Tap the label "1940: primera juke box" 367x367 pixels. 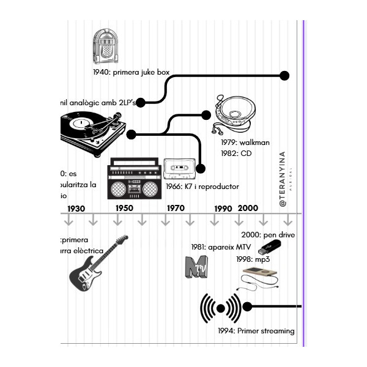(x=131, y=72)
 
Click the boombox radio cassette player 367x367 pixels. (x=134, y=178)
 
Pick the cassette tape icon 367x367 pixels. (x=179, y=168)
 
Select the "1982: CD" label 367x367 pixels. (x=237, y=154)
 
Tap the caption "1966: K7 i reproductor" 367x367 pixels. (x=202, y=187)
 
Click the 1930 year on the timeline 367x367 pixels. (x=76, y=209)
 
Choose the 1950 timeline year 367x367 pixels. (x=124, y=209)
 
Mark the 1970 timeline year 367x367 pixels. (x=176, y=209)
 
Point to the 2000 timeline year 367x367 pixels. (x=248, y=209)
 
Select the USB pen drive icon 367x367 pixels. (x=270, y=247)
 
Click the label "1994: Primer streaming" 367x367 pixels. (x=256, y=332)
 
